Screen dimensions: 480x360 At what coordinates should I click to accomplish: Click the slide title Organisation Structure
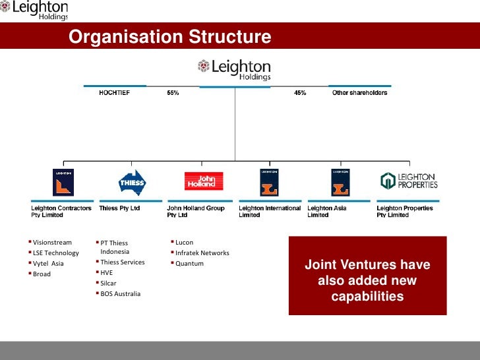point(170,37)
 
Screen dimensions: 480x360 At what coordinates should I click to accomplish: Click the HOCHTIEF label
point(115,93)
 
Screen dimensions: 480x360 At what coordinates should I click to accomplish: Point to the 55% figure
point(173,93)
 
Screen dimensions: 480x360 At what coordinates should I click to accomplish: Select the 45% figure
point(300,93)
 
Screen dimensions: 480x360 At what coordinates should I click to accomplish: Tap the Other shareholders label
point(359,93)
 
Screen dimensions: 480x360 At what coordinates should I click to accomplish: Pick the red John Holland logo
point(204,181)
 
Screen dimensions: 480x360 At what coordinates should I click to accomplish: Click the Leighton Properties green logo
point(409,181)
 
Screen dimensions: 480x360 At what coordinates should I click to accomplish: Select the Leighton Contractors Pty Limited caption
point(62,212)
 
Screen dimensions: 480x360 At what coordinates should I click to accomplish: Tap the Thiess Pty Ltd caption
point(119,208)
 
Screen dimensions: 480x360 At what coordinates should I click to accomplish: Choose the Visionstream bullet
point(52,243)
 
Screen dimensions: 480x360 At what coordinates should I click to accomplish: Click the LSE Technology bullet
point(56,253)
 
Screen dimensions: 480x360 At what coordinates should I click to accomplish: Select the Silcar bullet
point(108,283)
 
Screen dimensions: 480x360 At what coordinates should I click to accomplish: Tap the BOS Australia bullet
point(120,293)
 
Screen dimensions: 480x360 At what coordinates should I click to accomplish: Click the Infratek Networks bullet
point(202,253)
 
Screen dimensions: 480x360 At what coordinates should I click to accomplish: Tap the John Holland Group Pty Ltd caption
point(196,212)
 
